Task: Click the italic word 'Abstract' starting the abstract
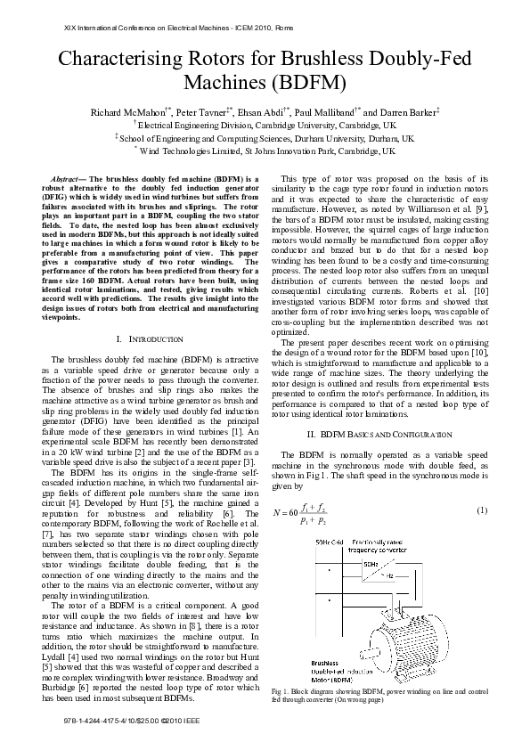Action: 69,179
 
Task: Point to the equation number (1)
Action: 482,510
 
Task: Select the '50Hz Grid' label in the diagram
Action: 328,542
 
